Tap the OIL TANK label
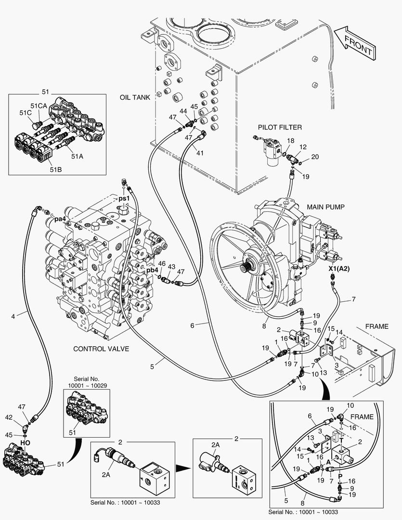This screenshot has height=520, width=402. [135, 97]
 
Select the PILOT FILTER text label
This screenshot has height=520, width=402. [280, 127]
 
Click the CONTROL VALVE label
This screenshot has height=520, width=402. [101, 348]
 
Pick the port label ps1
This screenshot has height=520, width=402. [125, 198]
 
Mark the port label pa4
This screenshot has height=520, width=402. [60, 219]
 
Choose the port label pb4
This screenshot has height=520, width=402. [153, 271]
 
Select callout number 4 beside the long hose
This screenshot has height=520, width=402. [13, 316]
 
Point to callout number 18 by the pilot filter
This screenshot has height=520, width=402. [290, 140]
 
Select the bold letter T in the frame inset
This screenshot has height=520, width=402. [341, 440]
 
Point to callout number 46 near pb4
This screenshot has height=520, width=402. [162, 264]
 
